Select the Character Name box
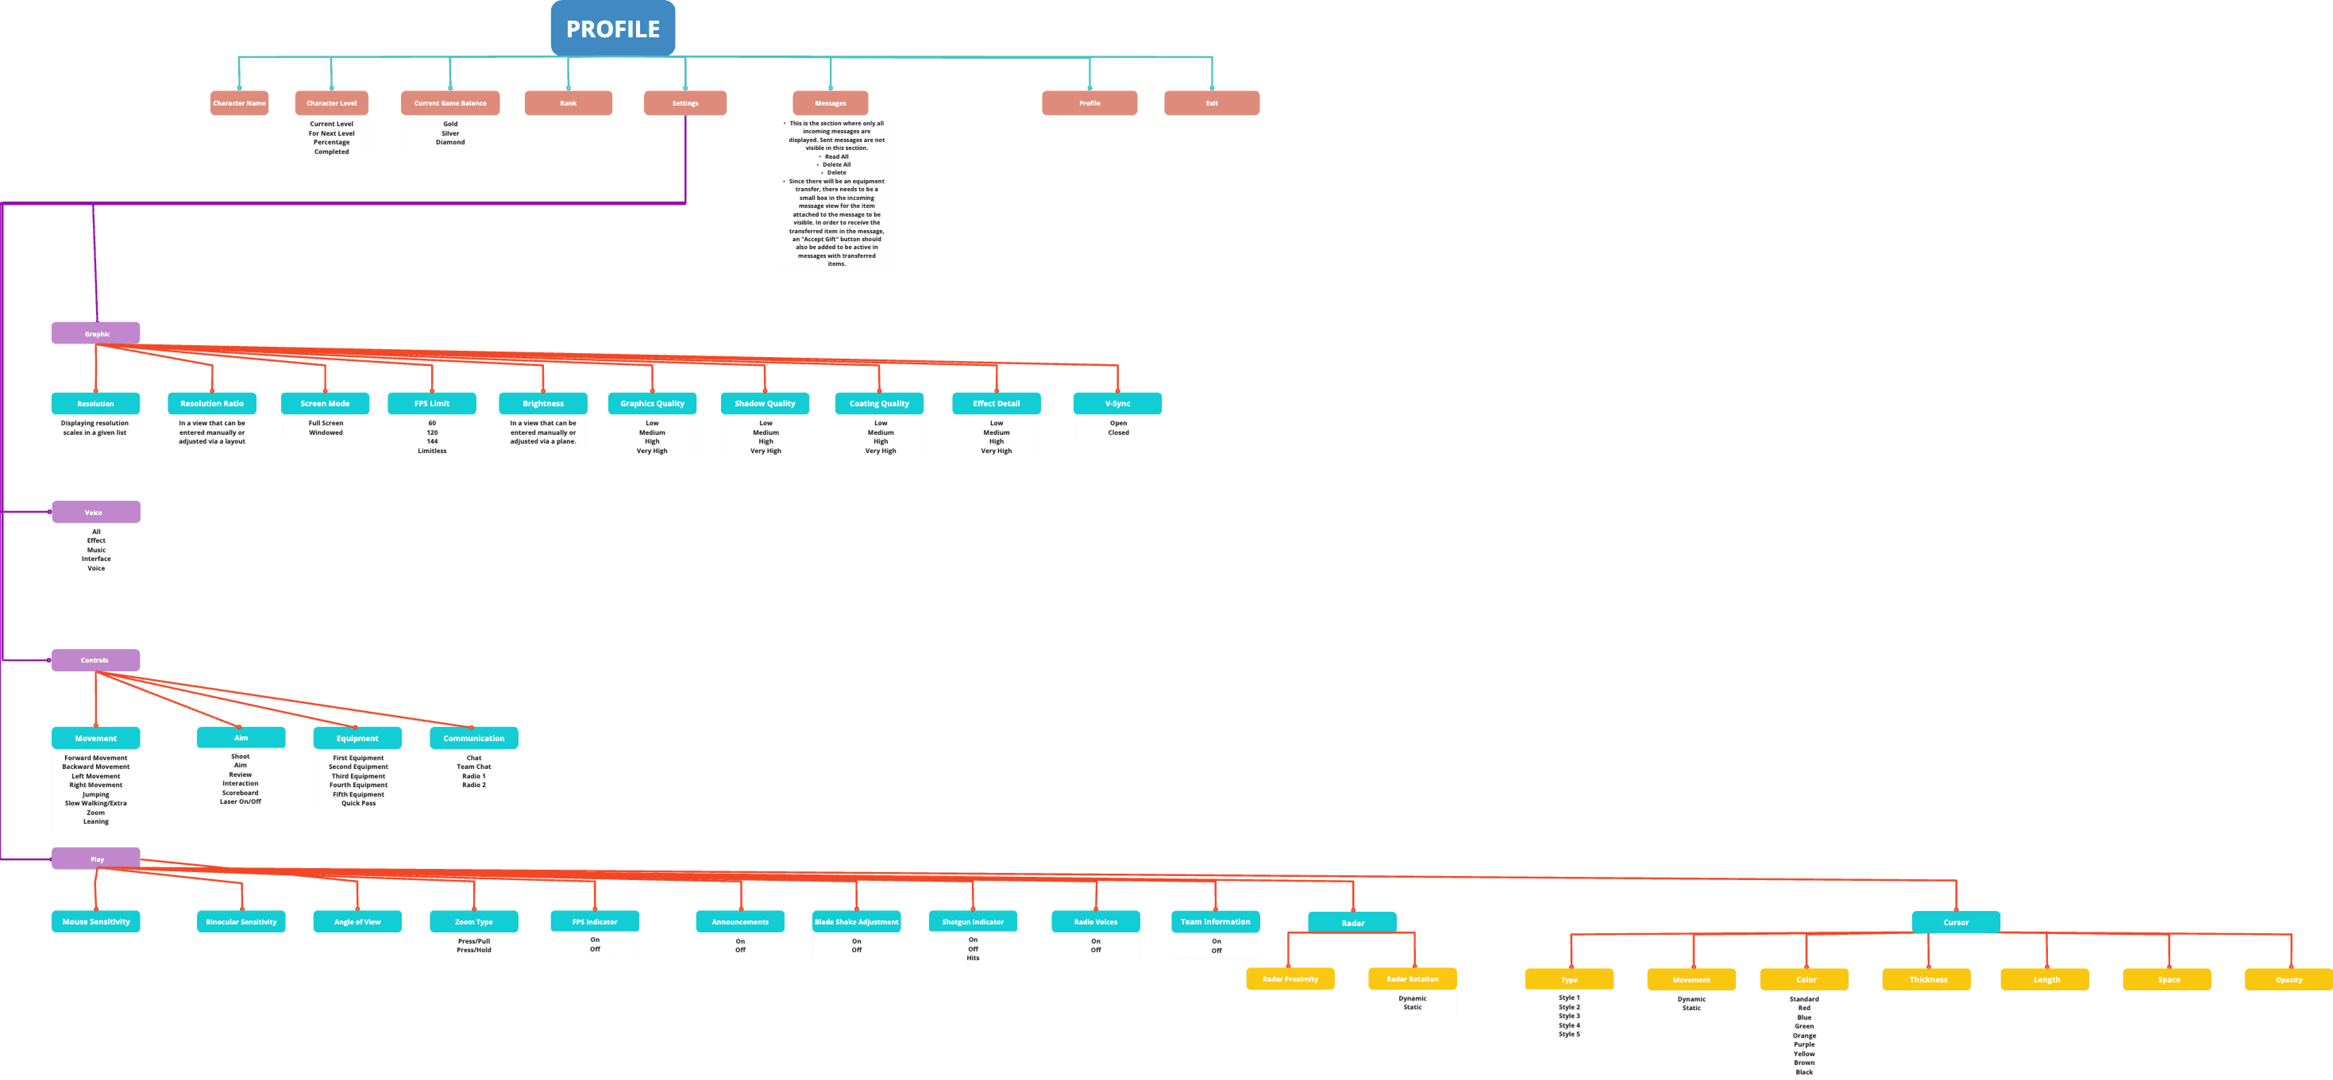(x=239, y=103)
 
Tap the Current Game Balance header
(x=450, y=103)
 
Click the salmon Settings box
(x=684, y=103)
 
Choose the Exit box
(x=1211, y=103)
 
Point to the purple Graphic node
(x=96, y=333)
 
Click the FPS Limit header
(x=432, y=404)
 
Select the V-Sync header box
(x=1118, y=404)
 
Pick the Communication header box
(x=474, y=738)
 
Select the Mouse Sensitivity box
(x=96, y=922)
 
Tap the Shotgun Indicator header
(x=973, y=922)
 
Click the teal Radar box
(x=1352, y=922)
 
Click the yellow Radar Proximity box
(x=1290, y=978)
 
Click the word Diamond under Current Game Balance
(x=450, y=142)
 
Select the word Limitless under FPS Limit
(x=432, y=451)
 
